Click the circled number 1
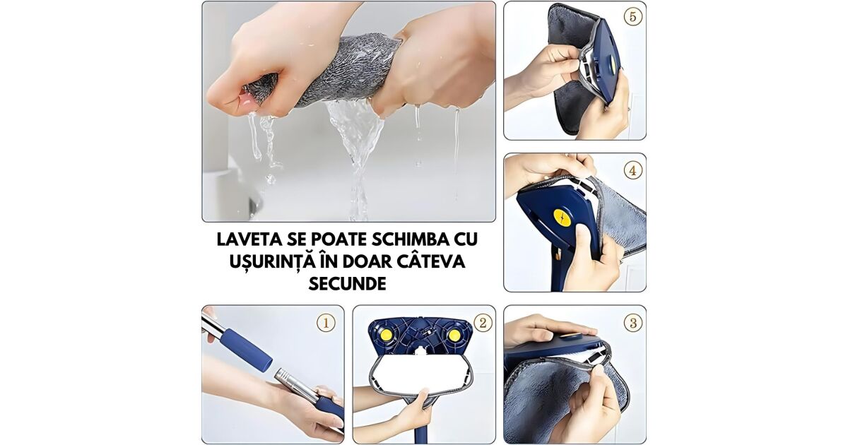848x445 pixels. pos(326,323)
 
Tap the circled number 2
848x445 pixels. pos(483,323)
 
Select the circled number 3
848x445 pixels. pos(633,323)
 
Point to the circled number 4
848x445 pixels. pos(633,171)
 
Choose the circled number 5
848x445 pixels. pos(633,17)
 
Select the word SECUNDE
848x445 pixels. pos(347,283)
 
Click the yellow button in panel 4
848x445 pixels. pos(563,218)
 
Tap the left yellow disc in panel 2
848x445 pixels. pos(386,335)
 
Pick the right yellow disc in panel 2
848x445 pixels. pos(454,335)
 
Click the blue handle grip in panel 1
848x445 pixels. pos(247,351)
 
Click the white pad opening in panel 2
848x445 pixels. pos(421,374)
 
